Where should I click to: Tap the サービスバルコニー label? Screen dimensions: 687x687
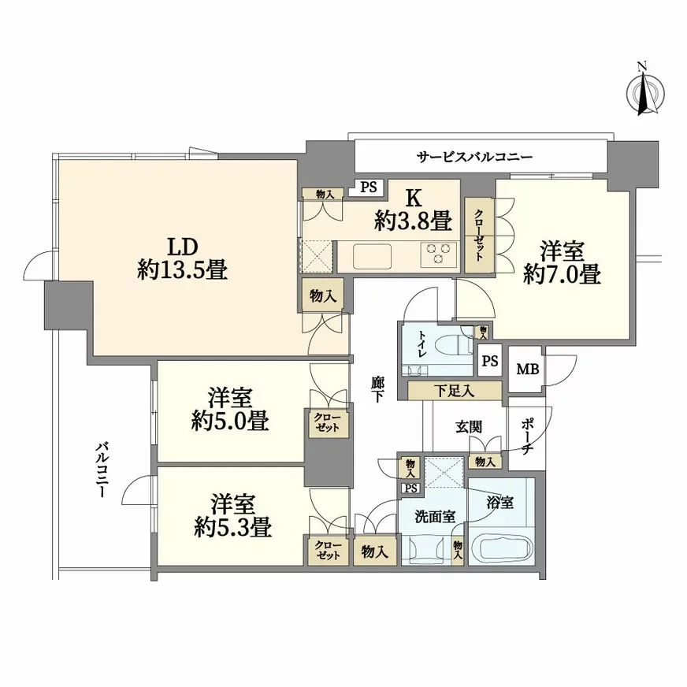click(474, 157)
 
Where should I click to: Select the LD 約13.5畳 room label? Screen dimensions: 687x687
click(182, 259)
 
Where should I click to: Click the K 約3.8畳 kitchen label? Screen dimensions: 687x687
click(413, 210)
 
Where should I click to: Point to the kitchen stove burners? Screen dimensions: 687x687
click(439, 254)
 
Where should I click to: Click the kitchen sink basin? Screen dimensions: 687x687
click(372, 256)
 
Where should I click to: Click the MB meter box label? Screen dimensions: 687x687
click(528, 369)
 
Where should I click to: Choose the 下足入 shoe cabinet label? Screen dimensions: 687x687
click(454, 391)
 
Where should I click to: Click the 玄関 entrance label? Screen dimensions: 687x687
click(469, 426)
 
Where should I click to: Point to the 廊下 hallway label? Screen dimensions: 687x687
click(377, 389)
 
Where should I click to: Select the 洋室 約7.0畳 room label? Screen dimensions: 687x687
click(563, 263)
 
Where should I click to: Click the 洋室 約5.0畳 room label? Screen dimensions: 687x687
click(230, 409)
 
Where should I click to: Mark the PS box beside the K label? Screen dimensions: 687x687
click(369, 187)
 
